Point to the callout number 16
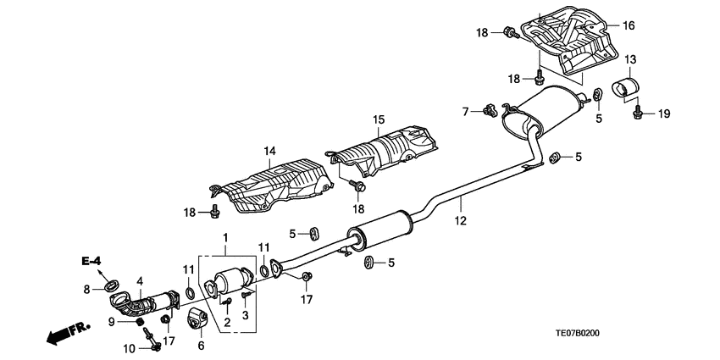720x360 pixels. [x=628, y=26]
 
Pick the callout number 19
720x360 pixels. [x=664, y=114]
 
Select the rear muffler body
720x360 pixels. [x=546, y=111]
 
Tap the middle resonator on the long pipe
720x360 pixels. [x=379, y=227]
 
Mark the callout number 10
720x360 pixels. [x=129, y=348]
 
